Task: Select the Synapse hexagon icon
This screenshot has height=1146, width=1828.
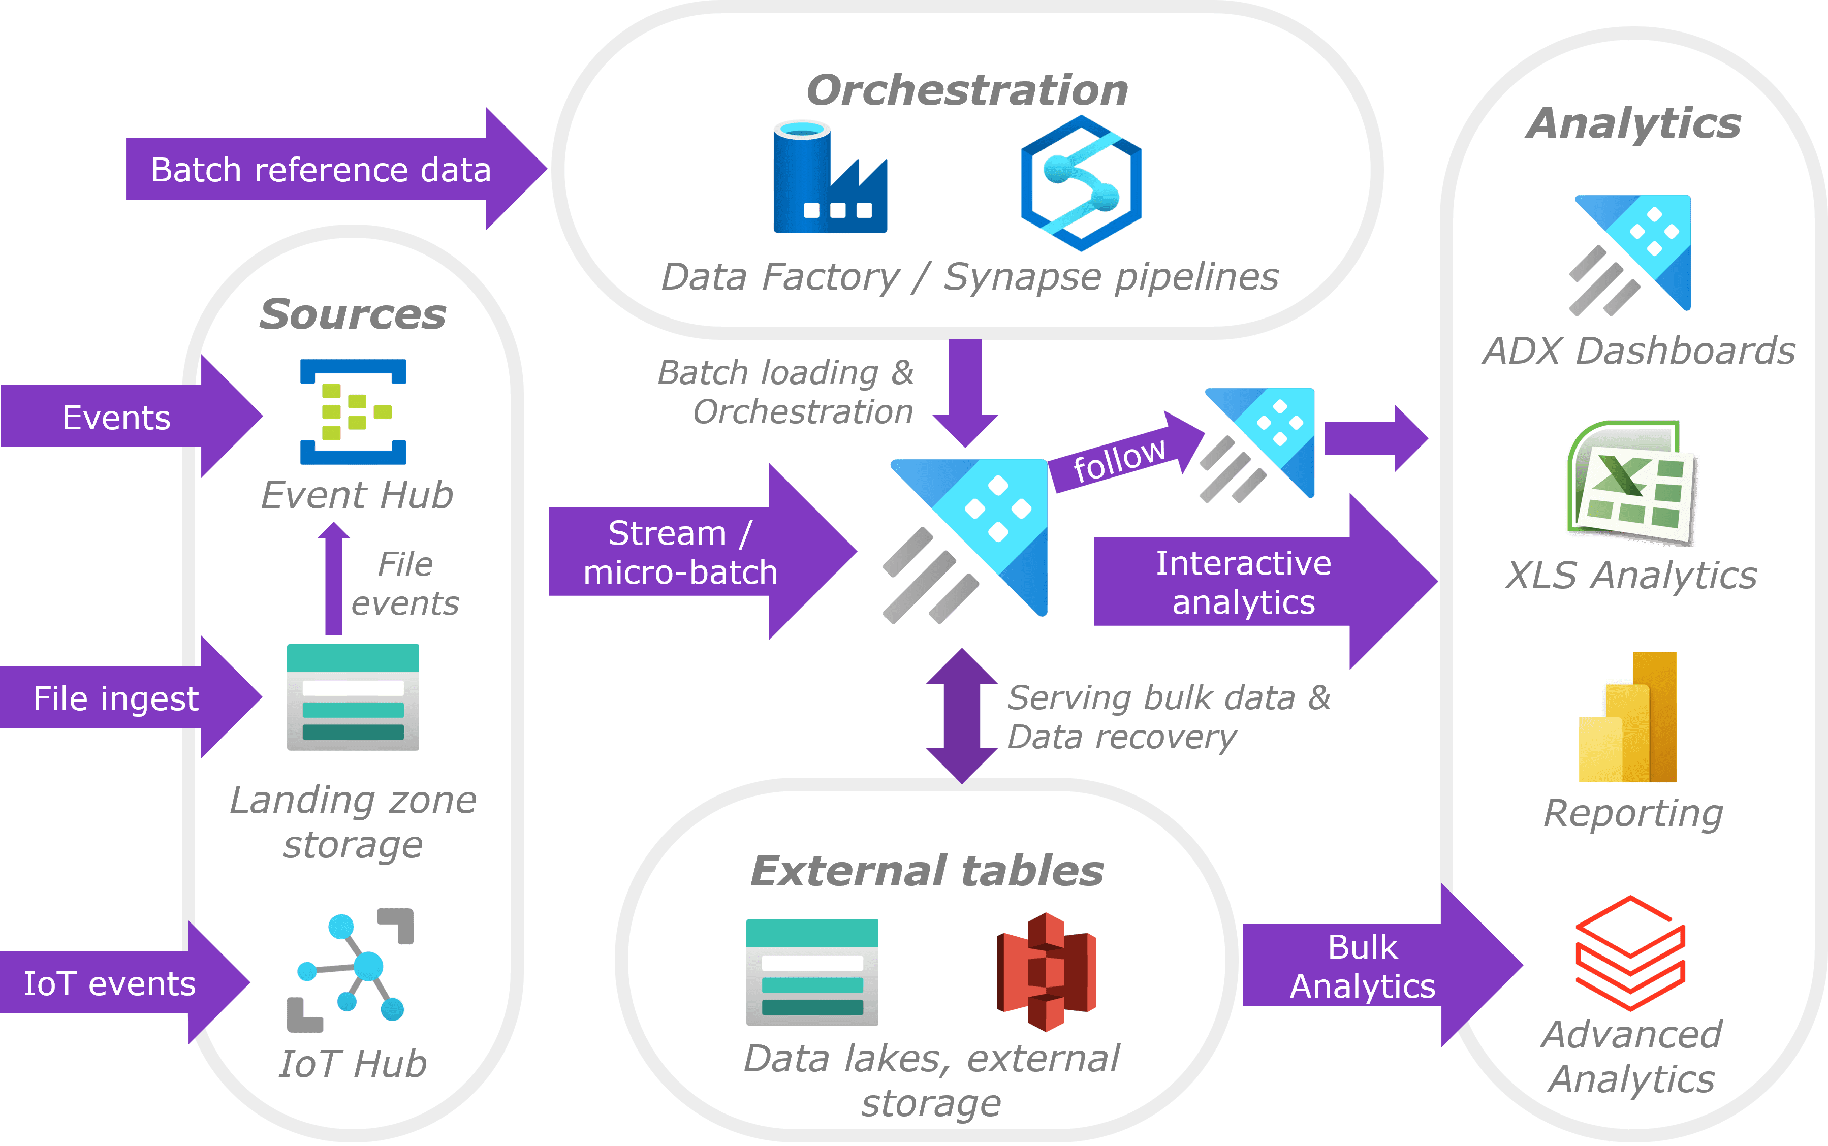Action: (1081, 183)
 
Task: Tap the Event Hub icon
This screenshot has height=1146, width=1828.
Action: (353, 411)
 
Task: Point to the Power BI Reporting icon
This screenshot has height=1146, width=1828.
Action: (1627, 716)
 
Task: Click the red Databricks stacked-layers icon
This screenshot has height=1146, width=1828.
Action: (1630, 953)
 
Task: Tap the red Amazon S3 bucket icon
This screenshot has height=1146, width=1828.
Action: (1047, 972)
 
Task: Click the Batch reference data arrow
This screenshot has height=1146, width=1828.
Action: (336, 168)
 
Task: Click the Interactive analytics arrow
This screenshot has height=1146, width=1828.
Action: (1265, 581)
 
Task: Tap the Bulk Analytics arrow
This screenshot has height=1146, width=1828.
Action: (1382, 965)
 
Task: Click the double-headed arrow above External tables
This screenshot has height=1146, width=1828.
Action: (962, 716)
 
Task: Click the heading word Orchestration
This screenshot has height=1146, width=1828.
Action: (967, 90)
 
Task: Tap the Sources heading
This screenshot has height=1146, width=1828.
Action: (353, 314)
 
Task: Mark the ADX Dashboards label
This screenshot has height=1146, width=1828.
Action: (1638, 351)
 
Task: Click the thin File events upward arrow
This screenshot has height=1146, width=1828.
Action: (333, 578)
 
